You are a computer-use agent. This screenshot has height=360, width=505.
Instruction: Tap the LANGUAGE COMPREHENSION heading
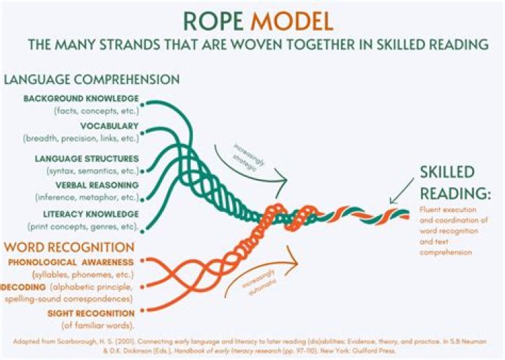pos(92,79)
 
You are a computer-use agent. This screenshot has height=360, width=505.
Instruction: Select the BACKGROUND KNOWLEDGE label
pos(81,98)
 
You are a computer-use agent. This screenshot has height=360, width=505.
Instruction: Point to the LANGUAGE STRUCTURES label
pos(87,158)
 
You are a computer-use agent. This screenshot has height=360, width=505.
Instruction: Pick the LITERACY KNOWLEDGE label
pos(88,213)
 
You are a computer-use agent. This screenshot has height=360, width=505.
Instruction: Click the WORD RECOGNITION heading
pos(69,247)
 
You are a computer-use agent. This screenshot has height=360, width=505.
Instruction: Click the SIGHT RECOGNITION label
pos(90,313)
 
